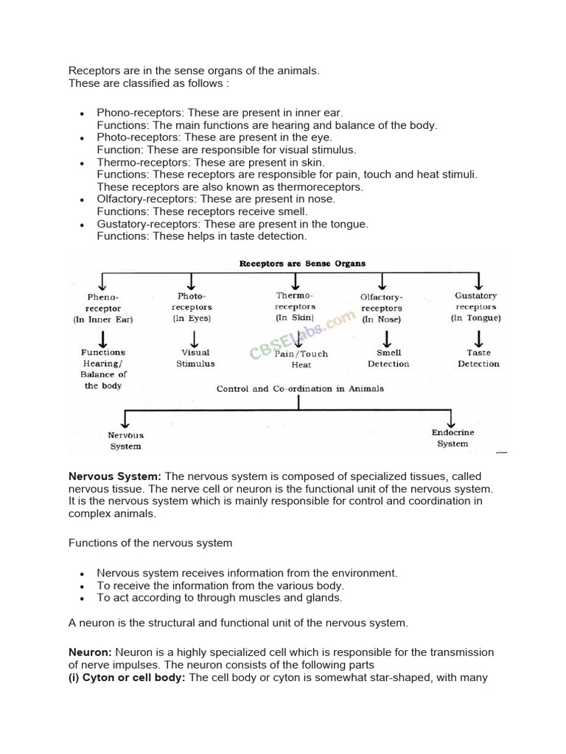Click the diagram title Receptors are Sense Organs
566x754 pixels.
tap(302, 263)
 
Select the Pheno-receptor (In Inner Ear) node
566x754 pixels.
tap(102, 309)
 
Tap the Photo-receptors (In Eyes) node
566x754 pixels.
tap(192, 307)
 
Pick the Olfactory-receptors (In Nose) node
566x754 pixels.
tap(381, 309)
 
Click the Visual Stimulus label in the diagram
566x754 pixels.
tap(195, 358)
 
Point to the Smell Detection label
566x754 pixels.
tap(388, 358)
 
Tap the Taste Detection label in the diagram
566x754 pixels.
tap(478, 358)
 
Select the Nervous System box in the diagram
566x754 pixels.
tap(125, 440)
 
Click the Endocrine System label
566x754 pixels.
tap(453, 438)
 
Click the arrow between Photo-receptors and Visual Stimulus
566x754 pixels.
tap(195, 338)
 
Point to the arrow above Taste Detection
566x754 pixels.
tap(478, 338)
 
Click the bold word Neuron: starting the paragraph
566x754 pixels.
tap(90, 652)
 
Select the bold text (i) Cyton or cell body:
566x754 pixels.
tap(127, 677)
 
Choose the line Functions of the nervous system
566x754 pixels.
tap(150, 543)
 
